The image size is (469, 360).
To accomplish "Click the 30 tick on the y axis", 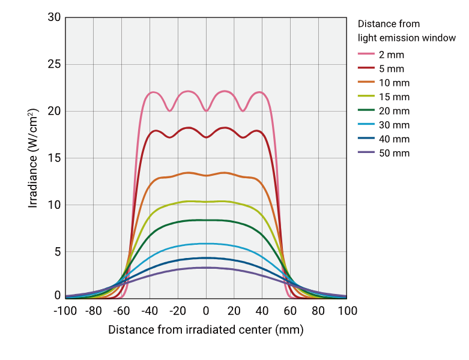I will point(54,17).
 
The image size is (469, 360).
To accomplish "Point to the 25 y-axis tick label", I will point(54,64).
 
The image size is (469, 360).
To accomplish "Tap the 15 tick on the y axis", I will point(54,158).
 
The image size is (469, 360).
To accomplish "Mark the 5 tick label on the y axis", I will point(58,251).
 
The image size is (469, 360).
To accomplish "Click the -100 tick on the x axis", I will point(65,311).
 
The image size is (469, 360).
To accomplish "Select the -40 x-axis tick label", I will point(150,311).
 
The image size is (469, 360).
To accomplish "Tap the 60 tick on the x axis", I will point(290,311).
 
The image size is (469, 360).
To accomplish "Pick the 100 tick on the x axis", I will point(346,311).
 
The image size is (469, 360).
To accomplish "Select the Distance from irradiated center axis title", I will point(206,330).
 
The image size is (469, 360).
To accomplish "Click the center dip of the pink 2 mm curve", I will point(206,110).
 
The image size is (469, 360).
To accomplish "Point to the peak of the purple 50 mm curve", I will point(206,268).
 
